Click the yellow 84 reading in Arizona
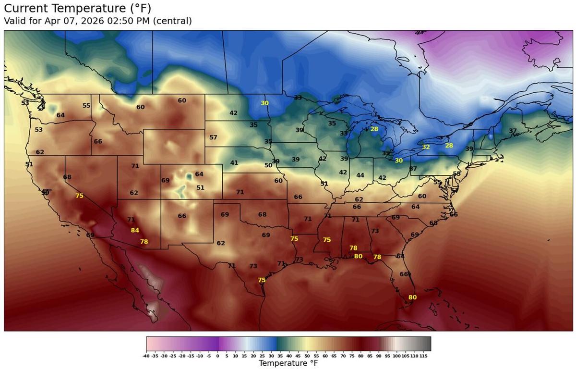[x=135, y=230]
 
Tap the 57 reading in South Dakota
[x=214, y=137]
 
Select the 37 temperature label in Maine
[x=513, y=131]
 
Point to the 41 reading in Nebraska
[x=234, y=163]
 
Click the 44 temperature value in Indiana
[x=360, y=175]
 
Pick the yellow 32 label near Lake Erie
[x=426, y=147]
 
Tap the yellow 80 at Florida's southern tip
[x=412, y=297]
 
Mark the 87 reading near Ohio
[x=413, y=169]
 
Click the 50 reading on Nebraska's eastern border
[x=268, y=165]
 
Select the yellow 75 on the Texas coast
[x=262, y=280]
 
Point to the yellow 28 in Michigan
[x=374, y=129]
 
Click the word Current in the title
[x=28, y=8]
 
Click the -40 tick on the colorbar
[x=146, y=356]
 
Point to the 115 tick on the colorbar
[x=423, y=356]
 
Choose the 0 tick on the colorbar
[x=217, y=356]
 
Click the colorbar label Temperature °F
[x=288, y=364]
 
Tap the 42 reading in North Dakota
[x=233, y=113]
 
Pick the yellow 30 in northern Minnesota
[x=265, y=103]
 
